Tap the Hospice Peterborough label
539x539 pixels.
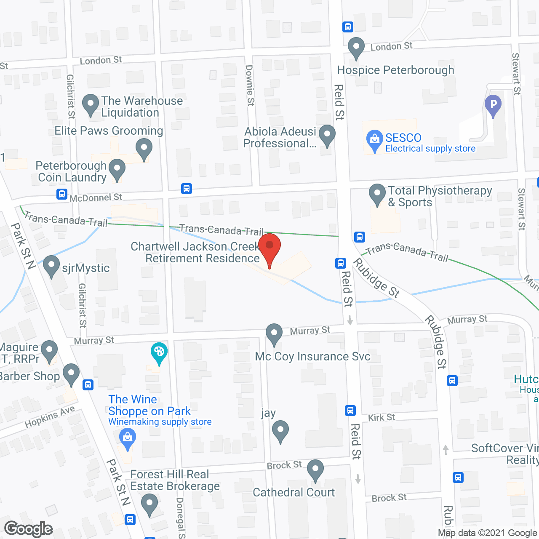coord(395,70)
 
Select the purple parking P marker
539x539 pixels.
coord(493,105)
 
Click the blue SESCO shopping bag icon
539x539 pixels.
coord(374,141)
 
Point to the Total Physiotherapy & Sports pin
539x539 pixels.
coord(377,195)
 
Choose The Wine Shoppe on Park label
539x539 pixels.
coord(150,405)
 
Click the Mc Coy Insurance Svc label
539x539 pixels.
coord(312,356)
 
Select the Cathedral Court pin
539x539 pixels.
coord(315,470)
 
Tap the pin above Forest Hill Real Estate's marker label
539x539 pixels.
coord(149,504)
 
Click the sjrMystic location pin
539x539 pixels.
coord(51,266)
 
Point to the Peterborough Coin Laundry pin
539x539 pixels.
coord(117,169)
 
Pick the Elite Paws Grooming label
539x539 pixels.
coord(109,131)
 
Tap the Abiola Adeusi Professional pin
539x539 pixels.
coord(327,135)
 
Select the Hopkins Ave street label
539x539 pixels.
coord(50,417)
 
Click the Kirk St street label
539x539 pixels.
coord(382,417)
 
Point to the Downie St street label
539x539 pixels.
coord(250,85)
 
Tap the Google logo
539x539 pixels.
coord(29,529)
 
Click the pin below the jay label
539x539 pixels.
coord(280,431)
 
